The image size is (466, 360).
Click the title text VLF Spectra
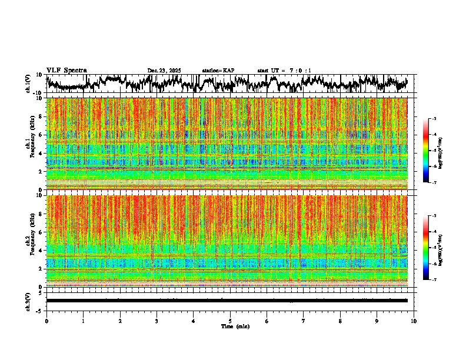point(66,71)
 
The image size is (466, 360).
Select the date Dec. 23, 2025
point(164,71)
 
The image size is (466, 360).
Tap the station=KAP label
point(218,71)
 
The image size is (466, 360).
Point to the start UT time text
point(284,71)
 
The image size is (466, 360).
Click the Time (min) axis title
point(235,326)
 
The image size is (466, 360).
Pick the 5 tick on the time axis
point(230,321)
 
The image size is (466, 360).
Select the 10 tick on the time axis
point(414,321)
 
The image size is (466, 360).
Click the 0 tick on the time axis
point(46,321)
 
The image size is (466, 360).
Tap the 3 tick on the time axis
point(157,321)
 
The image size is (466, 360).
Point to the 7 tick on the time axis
point(304,321)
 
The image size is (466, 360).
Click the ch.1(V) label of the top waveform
point(28,84)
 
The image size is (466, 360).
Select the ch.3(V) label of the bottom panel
point(28,301)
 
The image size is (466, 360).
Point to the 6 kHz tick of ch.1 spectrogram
point(41,135)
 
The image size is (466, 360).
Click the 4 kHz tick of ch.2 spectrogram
point(41,250)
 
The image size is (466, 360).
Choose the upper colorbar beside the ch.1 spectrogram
point(431,151)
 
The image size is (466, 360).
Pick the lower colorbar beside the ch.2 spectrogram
point(431,248)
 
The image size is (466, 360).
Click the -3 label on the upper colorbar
point(438,119)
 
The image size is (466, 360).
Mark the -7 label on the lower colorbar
point(438,280)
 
